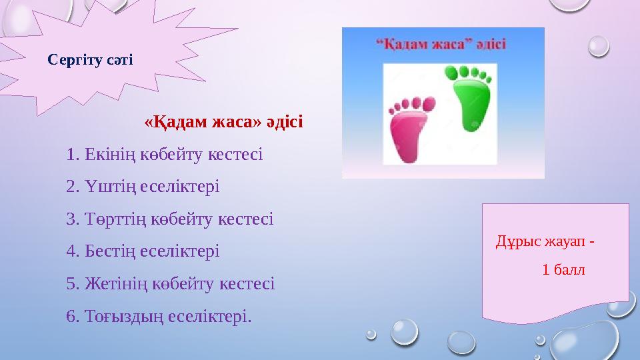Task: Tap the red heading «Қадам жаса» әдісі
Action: tap(223, 123)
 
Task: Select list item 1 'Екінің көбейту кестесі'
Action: tap(165, 155)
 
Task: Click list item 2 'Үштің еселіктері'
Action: tap(143, 187)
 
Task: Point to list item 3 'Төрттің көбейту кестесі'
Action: tap(170, 219)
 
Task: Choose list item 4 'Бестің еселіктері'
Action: tap(143, 251)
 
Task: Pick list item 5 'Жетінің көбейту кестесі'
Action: tap(171, 283)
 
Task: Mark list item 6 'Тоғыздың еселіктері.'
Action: tap(159, 315)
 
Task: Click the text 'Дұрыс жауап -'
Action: tap(545, 240)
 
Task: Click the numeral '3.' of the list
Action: tap(73, 219)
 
